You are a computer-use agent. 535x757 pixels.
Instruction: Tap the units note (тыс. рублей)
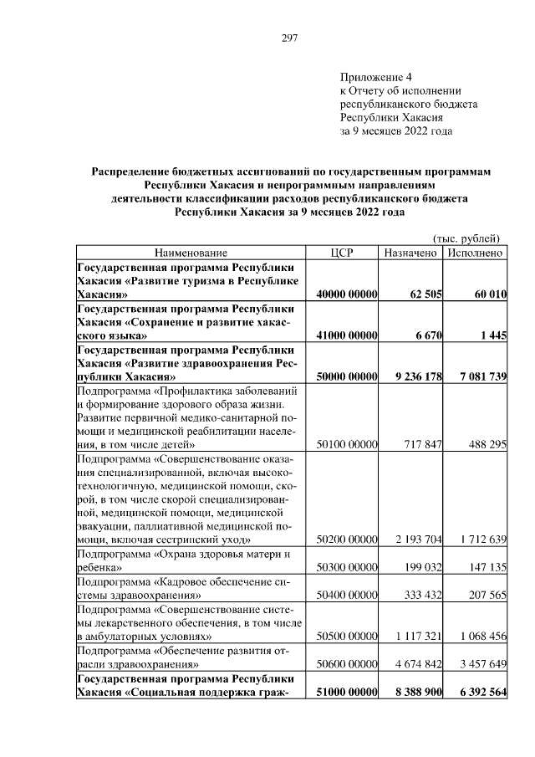coord(467,237)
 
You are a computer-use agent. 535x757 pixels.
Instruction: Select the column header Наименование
coord(190,253)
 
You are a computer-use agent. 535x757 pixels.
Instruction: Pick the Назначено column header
coord(411,253)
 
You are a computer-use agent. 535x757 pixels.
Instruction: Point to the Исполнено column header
coord(475,253)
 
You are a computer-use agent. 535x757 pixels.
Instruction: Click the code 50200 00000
coord(349,540)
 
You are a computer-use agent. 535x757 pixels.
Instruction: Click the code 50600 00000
coord(349,664)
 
